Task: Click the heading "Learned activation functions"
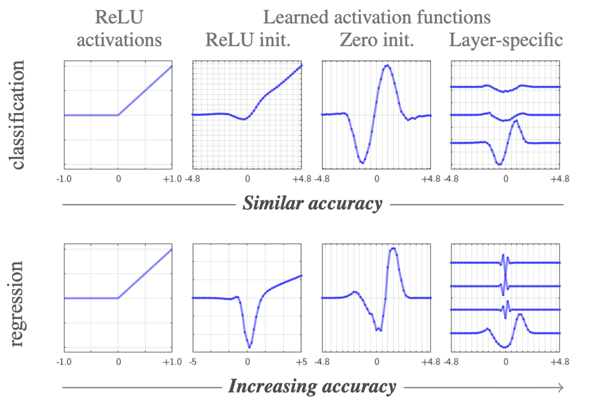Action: (377, 17)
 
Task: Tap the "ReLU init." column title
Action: (248, 40)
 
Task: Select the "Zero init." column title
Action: (377, 40)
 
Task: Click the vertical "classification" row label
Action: (17, 115)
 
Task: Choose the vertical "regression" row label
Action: (17, 303)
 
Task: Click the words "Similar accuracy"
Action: (313, 203)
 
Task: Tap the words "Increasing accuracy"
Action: (312, 387)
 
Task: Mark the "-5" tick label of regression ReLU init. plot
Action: (192, 362)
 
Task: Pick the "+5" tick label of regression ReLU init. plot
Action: (301, 362)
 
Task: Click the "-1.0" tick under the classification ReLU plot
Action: (64, 179)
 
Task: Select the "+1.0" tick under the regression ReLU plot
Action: (172, 362)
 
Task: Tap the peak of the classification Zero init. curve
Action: (387, 66)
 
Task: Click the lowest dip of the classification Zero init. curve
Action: (362, 163)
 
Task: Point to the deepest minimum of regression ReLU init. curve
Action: (250, 347)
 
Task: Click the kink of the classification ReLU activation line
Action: (118, 115)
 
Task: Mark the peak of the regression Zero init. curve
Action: (393, 248)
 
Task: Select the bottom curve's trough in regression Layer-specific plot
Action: (505, 347)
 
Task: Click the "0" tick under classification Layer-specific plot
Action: (506, 179)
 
